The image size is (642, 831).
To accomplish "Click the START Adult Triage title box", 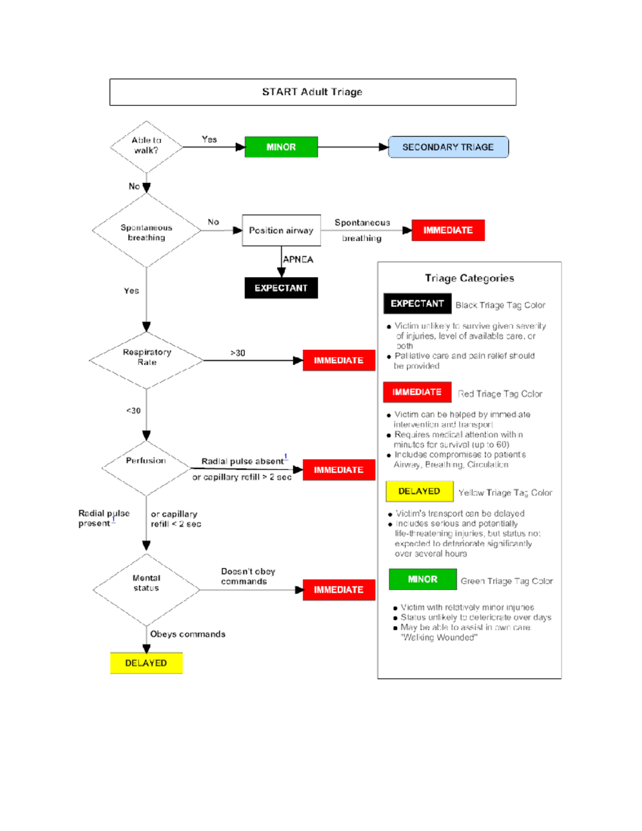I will point(312,92).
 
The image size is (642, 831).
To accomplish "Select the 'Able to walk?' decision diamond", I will point(146,146).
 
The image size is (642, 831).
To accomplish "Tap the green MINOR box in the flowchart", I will point(281,147).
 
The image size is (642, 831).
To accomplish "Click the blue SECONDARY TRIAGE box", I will point(448,147).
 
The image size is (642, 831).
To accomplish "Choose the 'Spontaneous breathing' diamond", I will point(146,231).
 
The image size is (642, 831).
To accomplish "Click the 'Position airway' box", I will point(281,231).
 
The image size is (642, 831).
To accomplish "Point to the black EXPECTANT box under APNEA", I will point(281,288).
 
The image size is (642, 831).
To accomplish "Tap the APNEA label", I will point(298,260).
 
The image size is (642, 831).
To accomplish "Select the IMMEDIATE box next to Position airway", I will point(448,230).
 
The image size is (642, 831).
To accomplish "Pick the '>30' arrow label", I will point(238,353).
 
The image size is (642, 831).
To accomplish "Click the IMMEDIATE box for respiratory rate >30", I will point(339,361).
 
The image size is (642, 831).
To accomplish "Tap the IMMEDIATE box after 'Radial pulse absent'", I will point(339,470).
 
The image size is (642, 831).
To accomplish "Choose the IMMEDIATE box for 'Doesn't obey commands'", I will point(339,590).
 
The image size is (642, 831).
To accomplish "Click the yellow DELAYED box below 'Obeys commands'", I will point(146,663).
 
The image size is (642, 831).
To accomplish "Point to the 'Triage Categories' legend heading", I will point(469,278).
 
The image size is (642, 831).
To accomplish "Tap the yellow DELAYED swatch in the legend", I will point(419,491).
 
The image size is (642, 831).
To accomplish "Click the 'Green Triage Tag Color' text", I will point(507,581).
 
